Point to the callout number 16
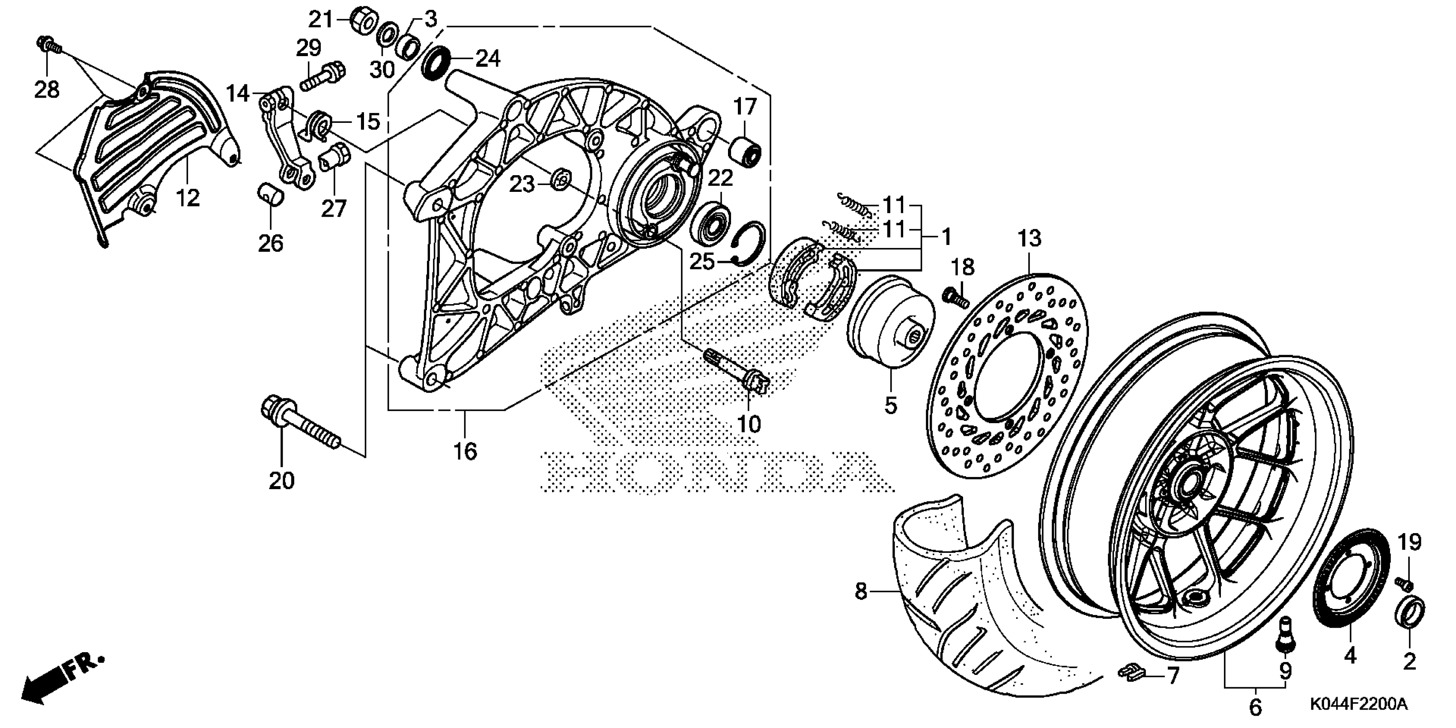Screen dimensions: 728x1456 point(465,452)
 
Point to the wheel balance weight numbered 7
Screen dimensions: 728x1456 point(1131,673)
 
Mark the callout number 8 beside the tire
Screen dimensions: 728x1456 point(860,592)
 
